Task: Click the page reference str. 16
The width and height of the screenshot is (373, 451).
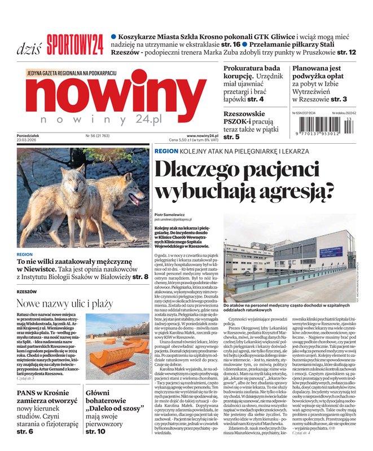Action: [x=230, y=44]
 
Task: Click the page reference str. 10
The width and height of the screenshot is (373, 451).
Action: [x=95, y=431]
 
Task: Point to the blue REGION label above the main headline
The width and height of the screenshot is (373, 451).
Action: [x=166, y=152]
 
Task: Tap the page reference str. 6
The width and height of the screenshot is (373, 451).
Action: [x=25, y=431]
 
